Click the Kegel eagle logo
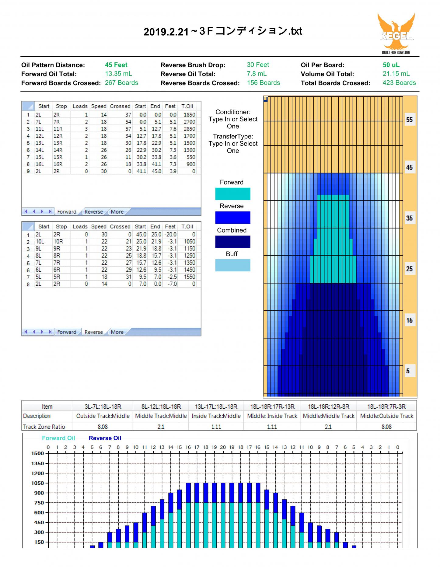(x=396, y=33)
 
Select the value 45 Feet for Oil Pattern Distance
(x=116, y=65)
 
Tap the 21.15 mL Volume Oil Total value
(x=396, y=74)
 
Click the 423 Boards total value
(x=399, y=83)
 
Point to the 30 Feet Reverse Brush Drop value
(x=258, y=65)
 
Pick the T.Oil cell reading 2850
(x=189, y=129)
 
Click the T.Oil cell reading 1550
(x=189, y=277)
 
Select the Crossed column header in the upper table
(x=120, y=106)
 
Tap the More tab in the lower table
(x=117, y=332)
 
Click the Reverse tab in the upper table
(x=93, y=212)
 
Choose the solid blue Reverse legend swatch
(x=233, y=218)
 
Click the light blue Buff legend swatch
(x=233, y=265)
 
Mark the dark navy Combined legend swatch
(x=233, y=242)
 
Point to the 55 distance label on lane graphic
(x=410, y=120)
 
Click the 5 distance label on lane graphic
(x=408, y=371)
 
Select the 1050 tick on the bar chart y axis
(x=38, y=483)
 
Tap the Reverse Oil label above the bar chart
(x=105, y=438)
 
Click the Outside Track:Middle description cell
(x=103, y=416)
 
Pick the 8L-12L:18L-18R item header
(x=161, y=407)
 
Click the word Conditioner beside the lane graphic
(x=233, y=112)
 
